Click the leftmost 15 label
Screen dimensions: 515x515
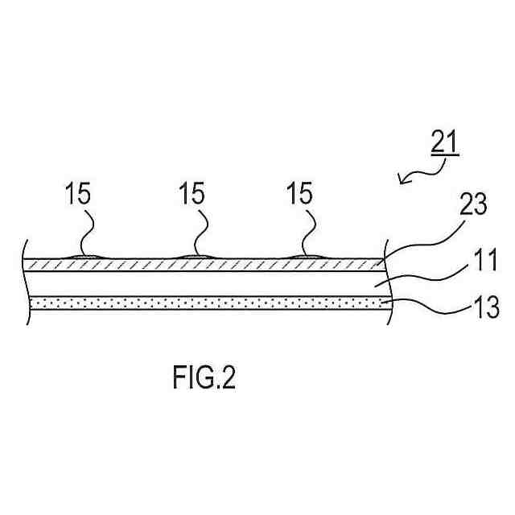coord(78,194)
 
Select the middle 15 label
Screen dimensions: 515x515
coord(191,194)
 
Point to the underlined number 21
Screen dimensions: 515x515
coord(443,142)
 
